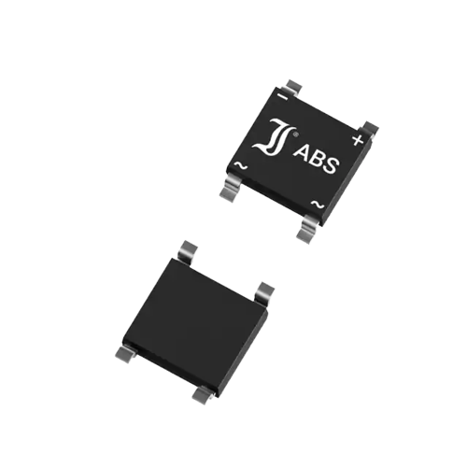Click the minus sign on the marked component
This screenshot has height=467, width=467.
pyautogui.click(x=283, y=97)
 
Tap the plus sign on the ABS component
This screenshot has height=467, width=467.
pyautogui.click(x=358, y=140)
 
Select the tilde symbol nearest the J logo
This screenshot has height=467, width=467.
pyautogui.click(x=241, y=165)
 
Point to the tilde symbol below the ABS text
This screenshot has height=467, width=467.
pyautogui.click(x=318, y=205)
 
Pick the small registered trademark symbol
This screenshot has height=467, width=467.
pyautogui.click(x=296, y=134)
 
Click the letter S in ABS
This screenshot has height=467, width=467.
pyautogui.click(x=330, y=165)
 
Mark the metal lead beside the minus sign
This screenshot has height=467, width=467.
pyautogui.click(x=294, y=86)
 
